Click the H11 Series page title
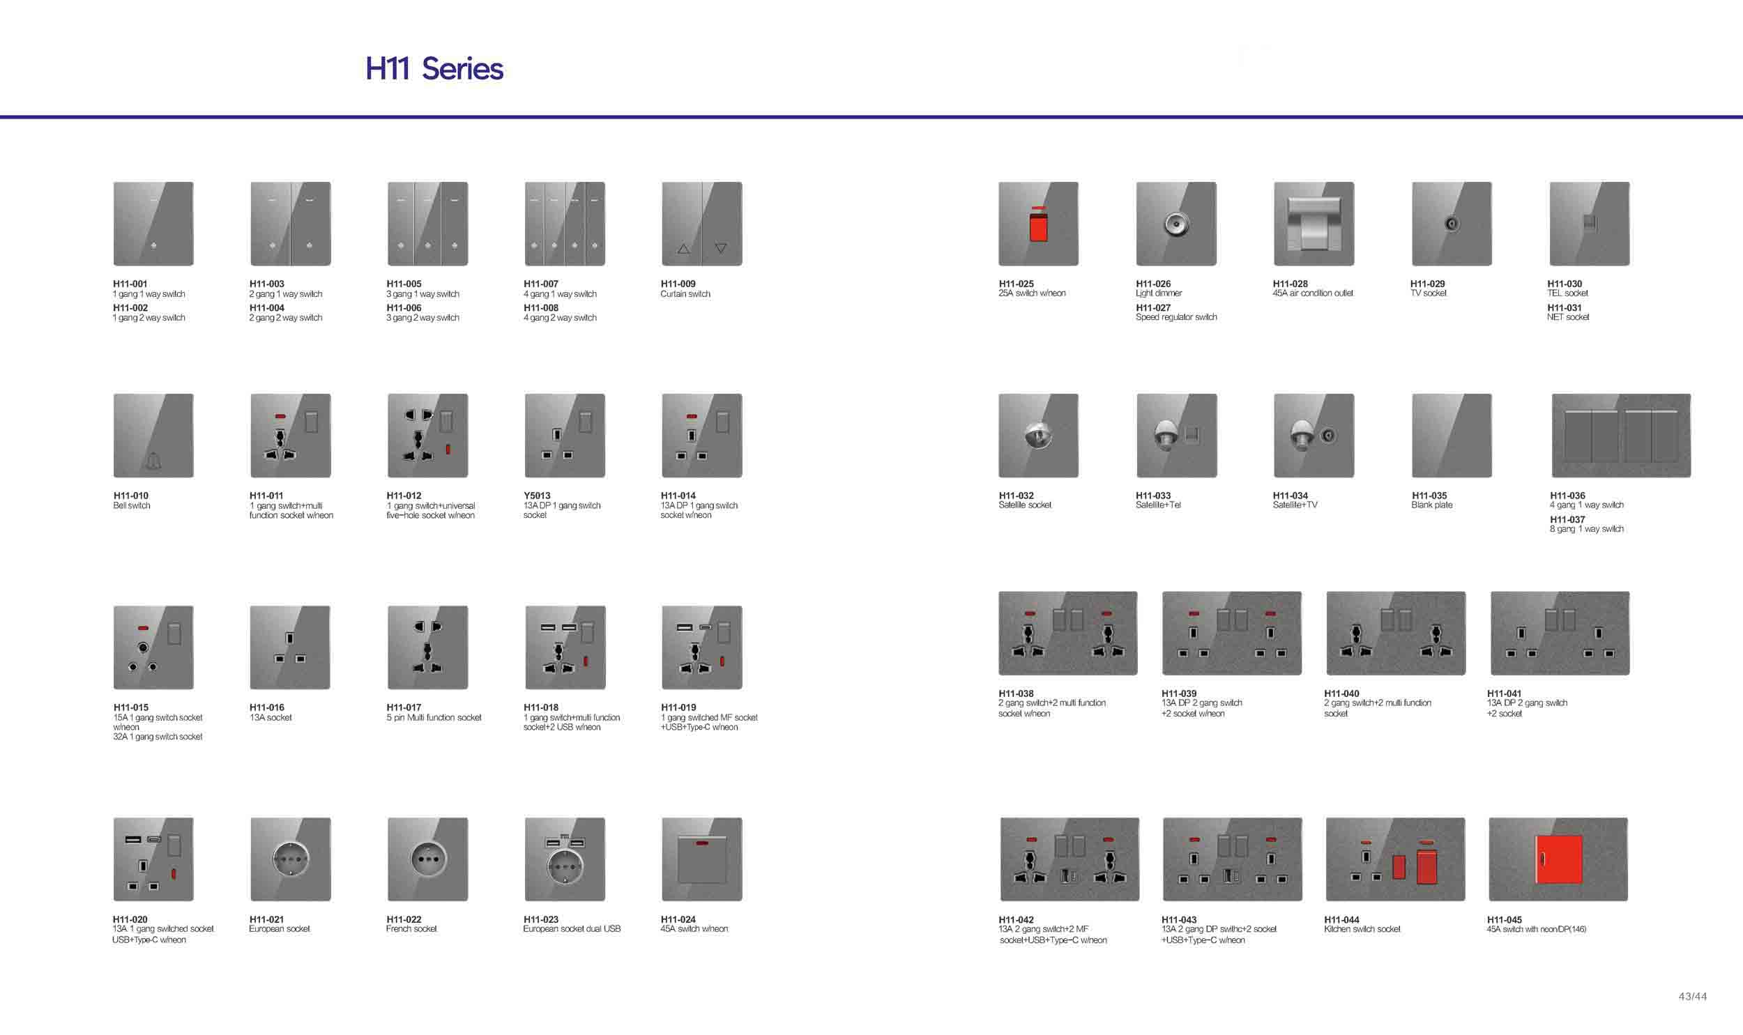click(x=434, y=68)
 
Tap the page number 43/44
click(x=1693, y=997)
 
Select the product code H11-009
click(x=678, y=284)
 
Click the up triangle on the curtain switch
click(x=683, y=248)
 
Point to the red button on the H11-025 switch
click(x=1039, y=228)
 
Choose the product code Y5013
click(x=537, y=496)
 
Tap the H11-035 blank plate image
click(x=1452, y=435)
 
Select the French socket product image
click(x=427, y=859)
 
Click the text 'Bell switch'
click(x=131, y=505)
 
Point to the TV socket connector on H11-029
click(x=1452, y=224)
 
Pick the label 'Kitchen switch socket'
click(x=1362, y=929)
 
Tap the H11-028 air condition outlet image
click(x=1314, y=224)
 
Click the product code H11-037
click(x=1567, y=520)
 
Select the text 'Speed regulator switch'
click(x=1176, y=317)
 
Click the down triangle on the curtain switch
click(x=721, y=248)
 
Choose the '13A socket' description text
click(x=271, y=718)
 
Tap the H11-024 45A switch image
click(x=701, y=859)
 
